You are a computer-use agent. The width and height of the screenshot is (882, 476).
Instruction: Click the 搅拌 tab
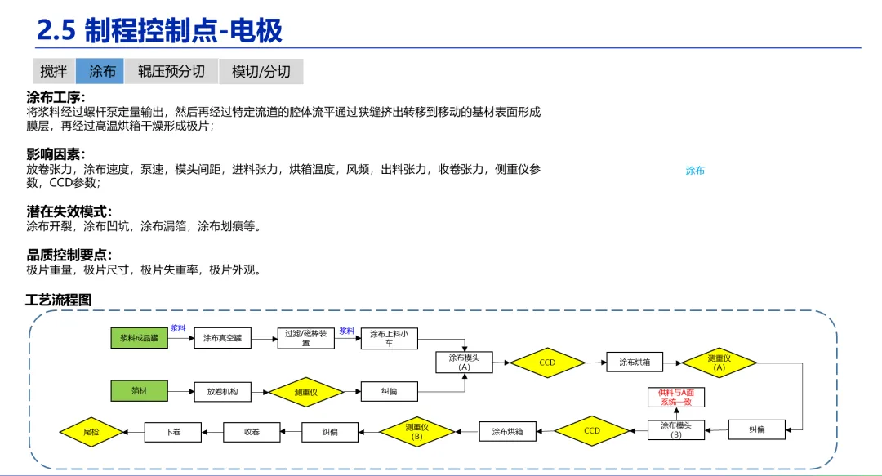(54, 71)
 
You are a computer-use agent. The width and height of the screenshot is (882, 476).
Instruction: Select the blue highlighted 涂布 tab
(101, 71)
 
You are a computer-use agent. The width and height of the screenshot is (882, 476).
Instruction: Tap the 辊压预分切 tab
(171, 71)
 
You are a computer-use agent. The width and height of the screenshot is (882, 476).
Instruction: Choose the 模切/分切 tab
(261, 71)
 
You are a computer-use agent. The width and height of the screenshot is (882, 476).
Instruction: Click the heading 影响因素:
(56, 154)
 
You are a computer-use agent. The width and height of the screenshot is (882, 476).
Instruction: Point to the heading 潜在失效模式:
(69, 211)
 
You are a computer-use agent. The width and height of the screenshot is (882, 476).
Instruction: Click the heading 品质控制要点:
(69, 255)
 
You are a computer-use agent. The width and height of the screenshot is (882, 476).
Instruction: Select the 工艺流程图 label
(59, 300)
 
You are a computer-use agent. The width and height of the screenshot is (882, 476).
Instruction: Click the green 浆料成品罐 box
(139, 337)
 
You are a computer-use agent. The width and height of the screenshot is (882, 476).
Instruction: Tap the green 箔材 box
(139, 391)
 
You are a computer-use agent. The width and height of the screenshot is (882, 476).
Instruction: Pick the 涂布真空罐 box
(222, 337)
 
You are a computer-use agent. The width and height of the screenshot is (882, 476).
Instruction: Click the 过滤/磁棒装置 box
(306, 337)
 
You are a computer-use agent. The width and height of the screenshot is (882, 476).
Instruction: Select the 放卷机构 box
(222, 392)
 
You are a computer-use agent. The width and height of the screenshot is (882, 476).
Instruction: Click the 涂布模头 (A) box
(465, 362)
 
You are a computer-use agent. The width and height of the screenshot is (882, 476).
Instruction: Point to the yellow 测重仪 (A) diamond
(719, 362)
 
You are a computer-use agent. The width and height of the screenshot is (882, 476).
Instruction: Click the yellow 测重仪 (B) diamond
(416, 430)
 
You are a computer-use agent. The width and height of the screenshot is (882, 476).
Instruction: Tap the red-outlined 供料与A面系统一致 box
(675, 397)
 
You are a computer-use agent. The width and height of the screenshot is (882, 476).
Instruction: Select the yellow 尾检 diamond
(91, 430)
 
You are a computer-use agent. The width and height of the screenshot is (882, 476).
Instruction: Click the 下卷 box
(172, 430)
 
